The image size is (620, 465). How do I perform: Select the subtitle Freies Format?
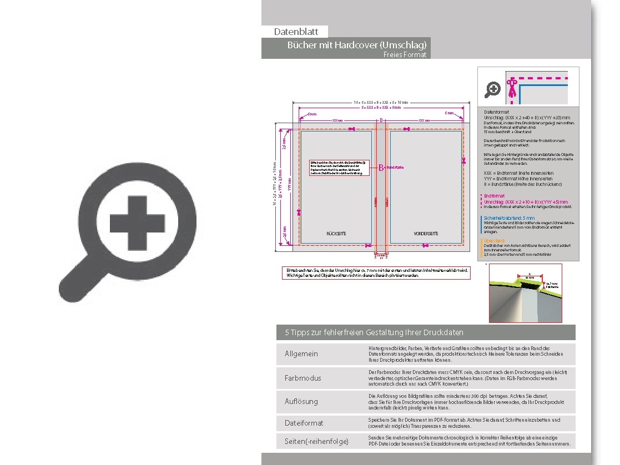pos(405,55)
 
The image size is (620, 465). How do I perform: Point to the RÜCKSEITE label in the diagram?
pos(336,234)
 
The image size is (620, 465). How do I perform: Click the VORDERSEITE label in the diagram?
pos(426,234)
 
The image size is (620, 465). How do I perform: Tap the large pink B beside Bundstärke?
pos(381,168)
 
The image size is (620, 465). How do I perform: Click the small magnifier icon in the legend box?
pos(492,89)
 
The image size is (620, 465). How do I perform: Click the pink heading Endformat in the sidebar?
pos(494,196)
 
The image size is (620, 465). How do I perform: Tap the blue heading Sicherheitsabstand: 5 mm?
pos(509,218)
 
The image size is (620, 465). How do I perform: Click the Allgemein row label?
pos(301,354)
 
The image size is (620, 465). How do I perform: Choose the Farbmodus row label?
pos(303,378)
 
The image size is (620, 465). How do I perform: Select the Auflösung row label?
pos(301,401)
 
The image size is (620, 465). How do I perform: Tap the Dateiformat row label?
pos(304,423)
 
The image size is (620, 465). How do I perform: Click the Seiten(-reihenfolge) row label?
pos(316,441)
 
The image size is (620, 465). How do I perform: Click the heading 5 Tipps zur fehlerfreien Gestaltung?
pos(374,332)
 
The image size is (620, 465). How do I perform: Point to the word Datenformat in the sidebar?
pos(497,112)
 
